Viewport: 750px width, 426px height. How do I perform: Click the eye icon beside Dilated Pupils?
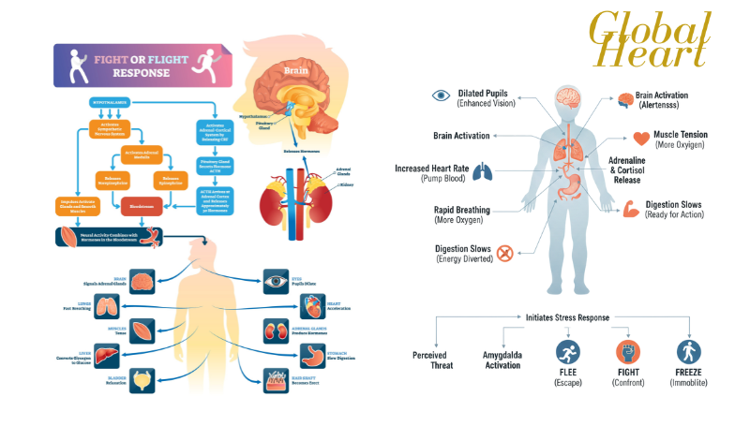click(441, 95)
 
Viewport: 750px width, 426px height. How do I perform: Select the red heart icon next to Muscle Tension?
click(641, 140)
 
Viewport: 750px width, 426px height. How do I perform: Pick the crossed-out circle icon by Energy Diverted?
click(505, 253)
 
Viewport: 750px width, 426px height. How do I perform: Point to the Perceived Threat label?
click(433, 359)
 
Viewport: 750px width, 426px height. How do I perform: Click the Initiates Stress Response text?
click(567, 317)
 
